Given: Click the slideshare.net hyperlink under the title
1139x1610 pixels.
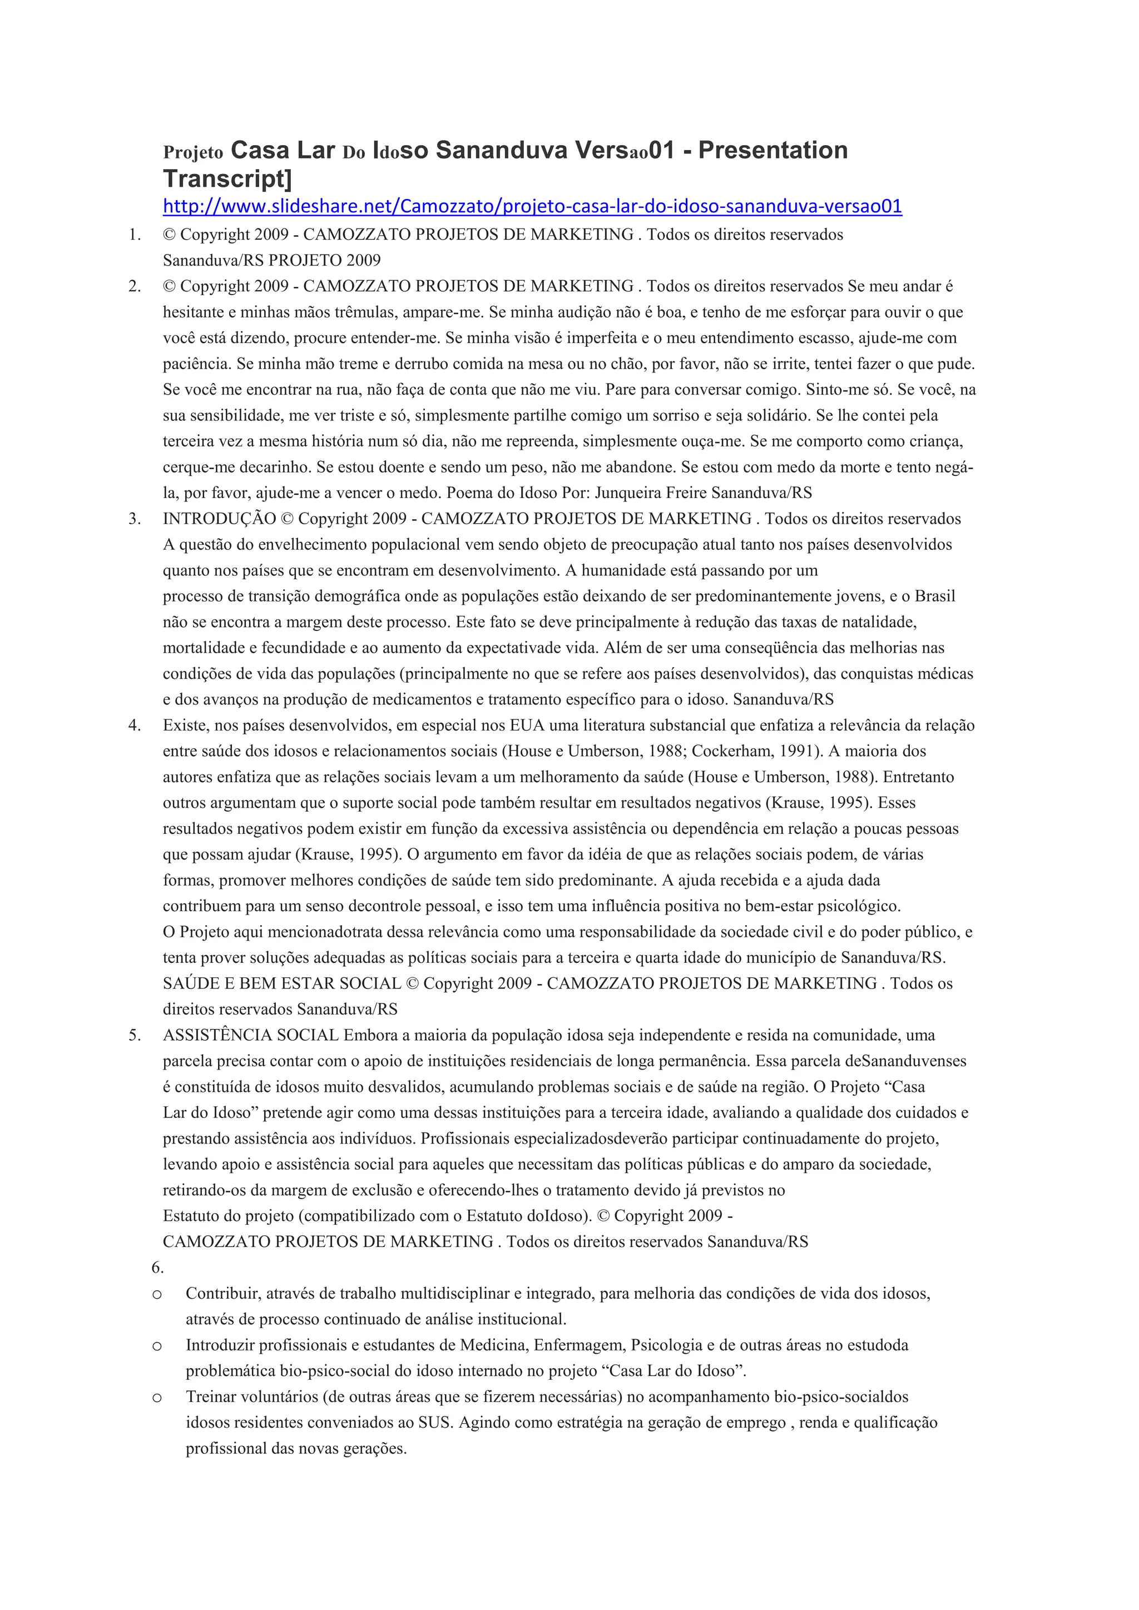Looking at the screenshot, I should point(532,206).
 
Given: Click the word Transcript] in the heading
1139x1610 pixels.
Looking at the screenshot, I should point(226,179).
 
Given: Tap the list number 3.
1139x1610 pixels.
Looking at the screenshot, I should point(134,519).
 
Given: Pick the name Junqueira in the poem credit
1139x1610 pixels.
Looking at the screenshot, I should point(628,493).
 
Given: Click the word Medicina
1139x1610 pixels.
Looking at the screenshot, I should point(492,1345).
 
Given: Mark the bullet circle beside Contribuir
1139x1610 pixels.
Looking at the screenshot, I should point(157,1294).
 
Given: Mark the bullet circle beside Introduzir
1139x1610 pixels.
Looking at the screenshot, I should point(157,1345).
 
